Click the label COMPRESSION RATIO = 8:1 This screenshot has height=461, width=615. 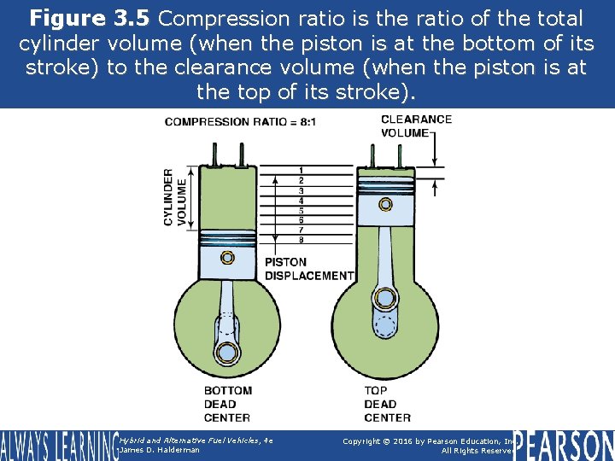coord(240,122)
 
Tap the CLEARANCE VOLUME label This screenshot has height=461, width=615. coord(415,125)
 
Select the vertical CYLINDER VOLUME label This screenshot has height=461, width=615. coord(174,197)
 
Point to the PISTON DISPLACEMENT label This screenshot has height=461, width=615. coord(308,269)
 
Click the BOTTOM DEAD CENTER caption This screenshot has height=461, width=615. coord(227,404)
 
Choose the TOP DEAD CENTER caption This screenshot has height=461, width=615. coord(387,404)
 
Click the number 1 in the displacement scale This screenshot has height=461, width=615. coord(301,171)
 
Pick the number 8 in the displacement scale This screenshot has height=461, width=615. coord(301,240)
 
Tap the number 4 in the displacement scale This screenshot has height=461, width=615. coord(301,201)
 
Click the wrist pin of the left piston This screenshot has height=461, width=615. coord(227,258)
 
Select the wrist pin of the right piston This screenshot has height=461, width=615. coord(387,205)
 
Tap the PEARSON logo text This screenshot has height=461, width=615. coord(563,444)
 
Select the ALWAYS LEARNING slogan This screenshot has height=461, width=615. coord(58,445)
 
